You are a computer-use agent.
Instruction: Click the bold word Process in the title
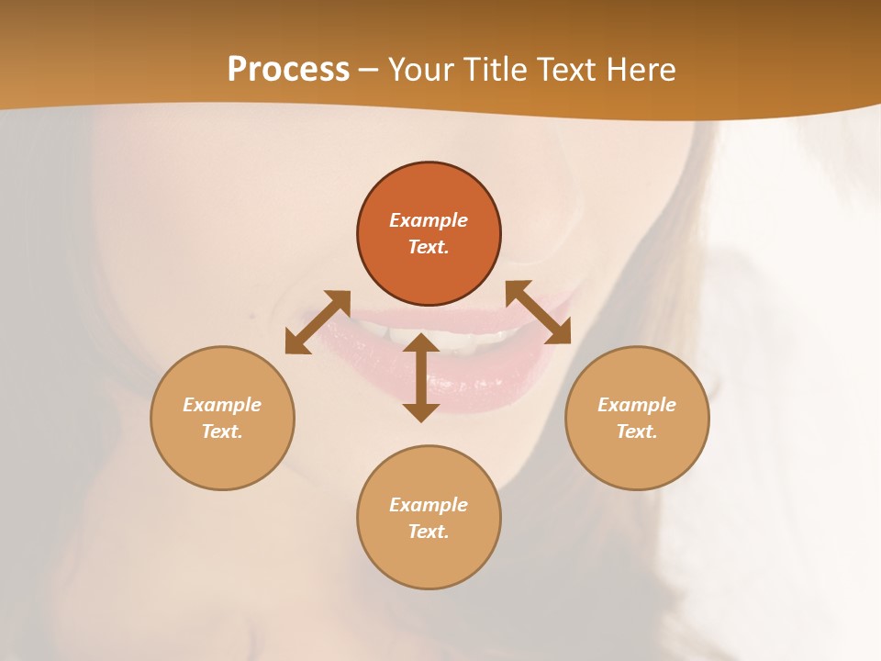(288, 70)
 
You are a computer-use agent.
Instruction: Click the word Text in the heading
(563, 70)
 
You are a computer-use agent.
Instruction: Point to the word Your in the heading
(422, 70)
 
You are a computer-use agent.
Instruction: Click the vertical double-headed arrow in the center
(421, 377)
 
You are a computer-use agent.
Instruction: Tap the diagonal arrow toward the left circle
(318, 321)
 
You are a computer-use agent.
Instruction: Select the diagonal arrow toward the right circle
(538, 312)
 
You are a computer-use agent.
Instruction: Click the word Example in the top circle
(429, 220)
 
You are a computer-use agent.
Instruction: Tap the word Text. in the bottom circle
(429, 532)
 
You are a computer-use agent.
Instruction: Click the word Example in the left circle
(222, 405)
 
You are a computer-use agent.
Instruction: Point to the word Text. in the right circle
(637, 431)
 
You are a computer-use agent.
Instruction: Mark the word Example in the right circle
(637, 405)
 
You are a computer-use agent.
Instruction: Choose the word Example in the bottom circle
(429, 505)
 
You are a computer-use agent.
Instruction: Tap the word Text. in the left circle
(222, 431)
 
